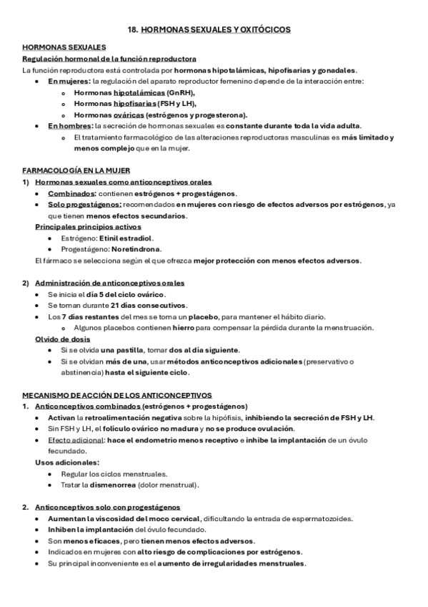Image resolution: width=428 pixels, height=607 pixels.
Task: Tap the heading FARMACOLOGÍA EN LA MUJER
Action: pyautogui.click(x=70, y=172)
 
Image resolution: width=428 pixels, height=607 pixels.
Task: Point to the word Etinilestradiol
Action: pyautogui.click(x=126, y=238)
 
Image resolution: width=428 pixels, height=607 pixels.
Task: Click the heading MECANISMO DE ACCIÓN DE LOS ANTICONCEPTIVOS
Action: pyautogui.click(x=117, y=394)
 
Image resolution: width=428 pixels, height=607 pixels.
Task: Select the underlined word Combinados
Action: pyautogui.click(x=71, y=193)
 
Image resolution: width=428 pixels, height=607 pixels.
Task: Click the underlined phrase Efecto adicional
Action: pyautogui.click(x=74, y=440)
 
